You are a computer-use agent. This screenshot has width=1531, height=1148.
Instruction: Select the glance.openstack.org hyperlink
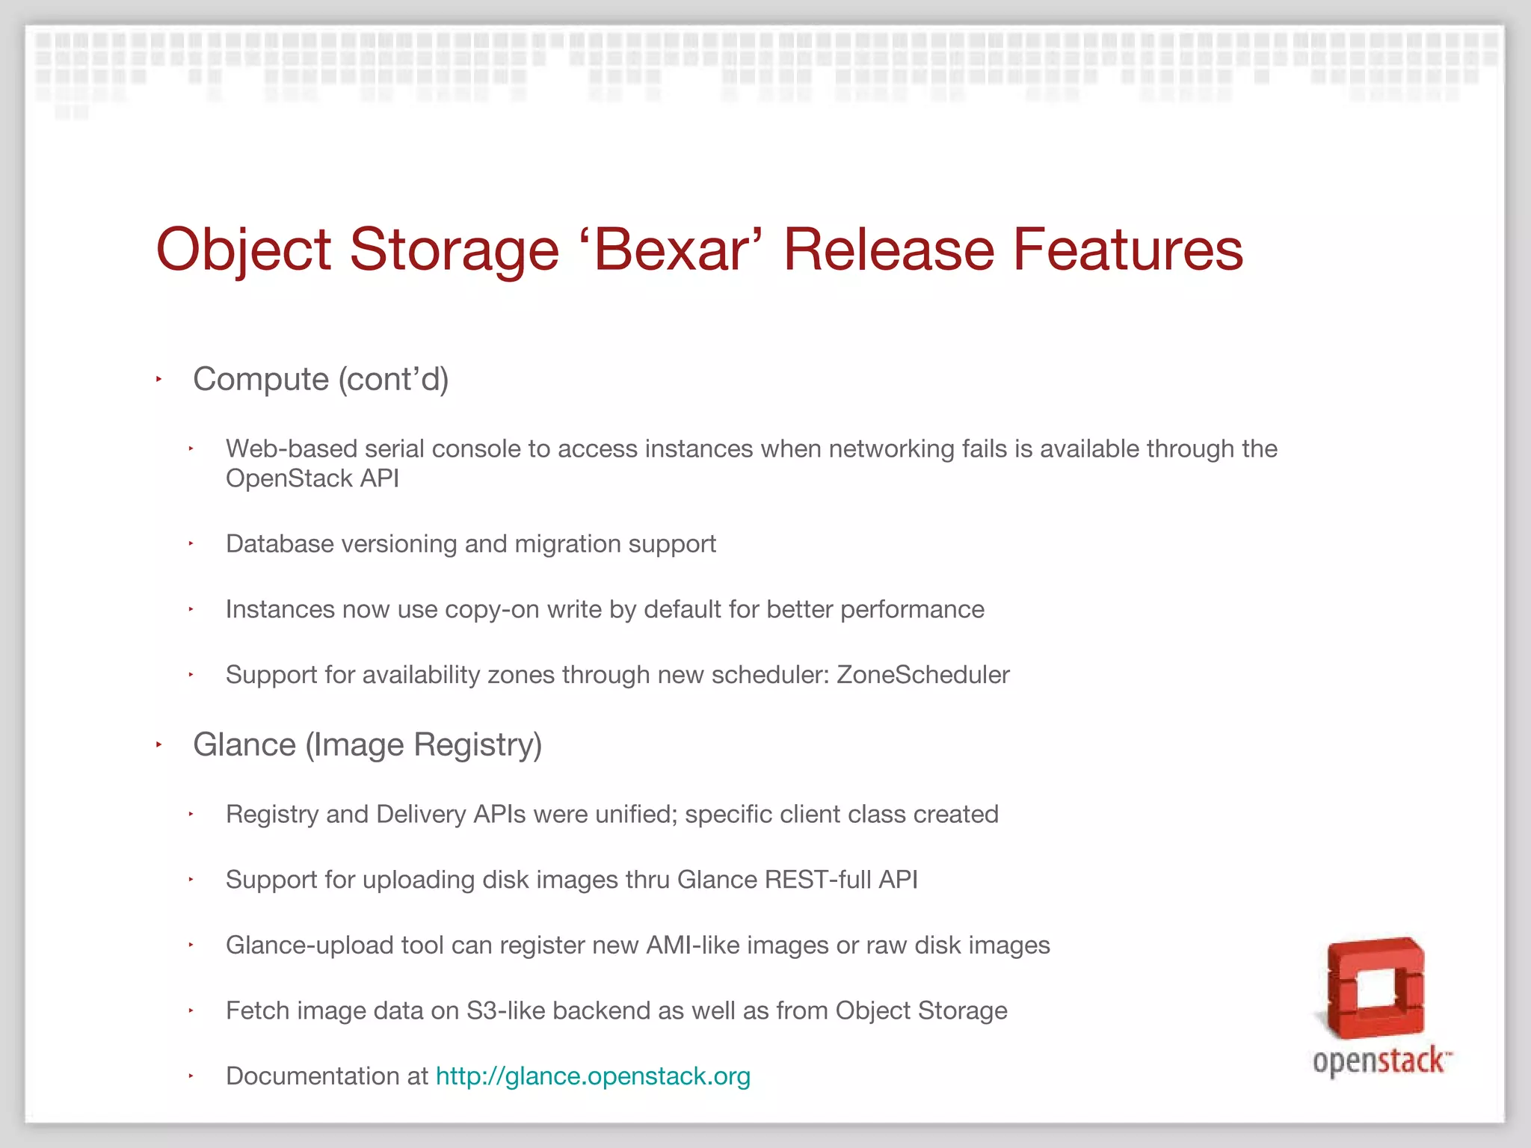point(593,1076)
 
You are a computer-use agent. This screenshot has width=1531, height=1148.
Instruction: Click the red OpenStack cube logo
point(1376,988)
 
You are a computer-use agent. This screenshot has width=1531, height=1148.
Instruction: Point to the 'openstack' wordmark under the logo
point(1380,1061)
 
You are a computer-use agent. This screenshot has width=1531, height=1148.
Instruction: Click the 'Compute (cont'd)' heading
point(321,380)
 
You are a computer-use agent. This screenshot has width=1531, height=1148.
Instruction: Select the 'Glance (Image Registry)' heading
point(367,745)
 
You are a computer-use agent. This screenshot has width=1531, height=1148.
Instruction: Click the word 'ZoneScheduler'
point(922,675)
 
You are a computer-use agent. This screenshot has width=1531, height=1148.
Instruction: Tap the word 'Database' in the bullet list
point(280,544)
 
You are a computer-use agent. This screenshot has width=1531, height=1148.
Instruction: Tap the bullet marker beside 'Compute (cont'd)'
point(159,380)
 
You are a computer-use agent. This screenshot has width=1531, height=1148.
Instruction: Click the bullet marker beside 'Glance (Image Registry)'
point(159,745)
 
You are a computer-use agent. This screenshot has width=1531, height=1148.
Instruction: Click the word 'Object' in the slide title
point(244,250)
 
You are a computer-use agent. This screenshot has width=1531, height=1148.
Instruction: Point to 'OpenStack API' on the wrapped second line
point(312,479)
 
